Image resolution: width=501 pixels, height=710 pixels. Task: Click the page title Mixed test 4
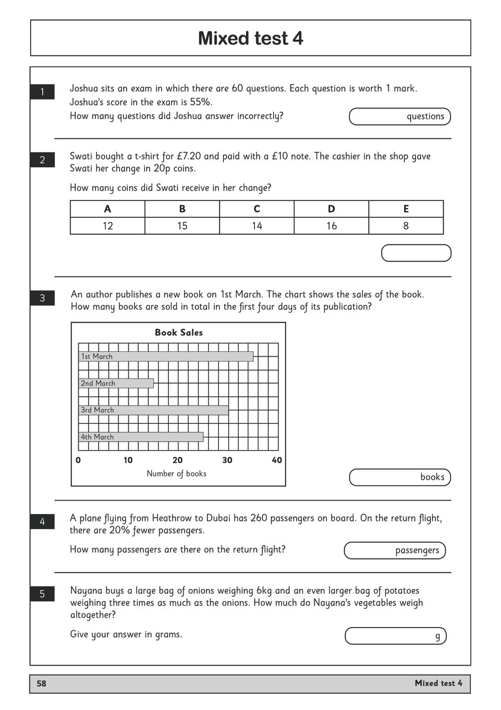point(250,38)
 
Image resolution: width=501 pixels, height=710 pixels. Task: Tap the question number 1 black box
point(42,92)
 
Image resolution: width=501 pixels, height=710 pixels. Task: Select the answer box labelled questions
point(399,116)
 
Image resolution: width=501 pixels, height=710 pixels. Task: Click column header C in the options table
point(256,209)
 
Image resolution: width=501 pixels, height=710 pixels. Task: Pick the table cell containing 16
point(332,226)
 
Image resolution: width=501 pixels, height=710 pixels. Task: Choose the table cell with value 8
point(406,226)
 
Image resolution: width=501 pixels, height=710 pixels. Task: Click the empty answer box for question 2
point(416,253)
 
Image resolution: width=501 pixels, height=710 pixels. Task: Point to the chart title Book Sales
point(178,333)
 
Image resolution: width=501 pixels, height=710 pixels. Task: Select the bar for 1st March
point(166,357)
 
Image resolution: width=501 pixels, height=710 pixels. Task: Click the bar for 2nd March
point(116,383)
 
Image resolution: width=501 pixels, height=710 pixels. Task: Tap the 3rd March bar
point(153,410)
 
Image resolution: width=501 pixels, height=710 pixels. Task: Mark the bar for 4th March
point(141,437)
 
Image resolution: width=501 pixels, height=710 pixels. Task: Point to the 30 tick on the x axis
point(227,460)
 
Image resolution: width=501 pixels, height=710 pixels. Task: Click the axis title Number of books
point(176,474)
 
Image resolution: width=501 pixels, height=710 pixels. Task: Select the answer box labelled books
point(399,477)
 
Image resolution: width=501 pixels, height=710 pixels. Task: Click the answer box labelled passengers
point(395,550)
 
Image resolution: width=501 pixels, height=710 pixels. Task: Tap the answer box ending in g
point(395,636)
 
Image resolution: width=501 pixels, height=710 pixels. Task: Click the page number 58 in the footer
point(42,683)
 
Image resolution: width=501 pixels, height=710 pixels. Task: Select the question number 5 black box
point(42,594)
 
